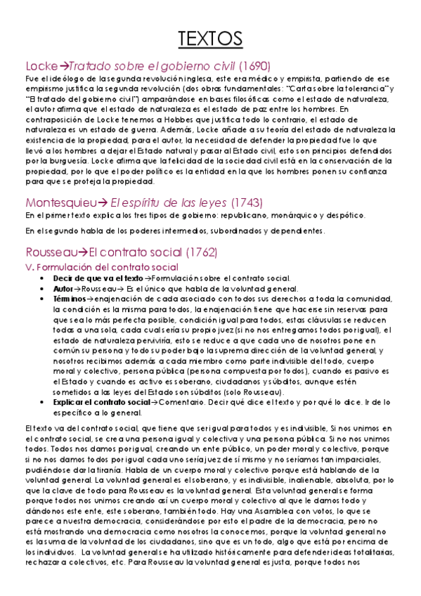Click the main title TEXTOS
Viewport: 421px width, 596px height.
pyautogui.click(x=210, y=37)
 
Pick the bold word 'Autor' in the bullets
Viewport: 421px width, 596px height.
pyautogui.click(x=63, y=288)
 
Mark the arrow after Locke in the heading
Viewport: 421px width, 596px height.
pyautogui.click(x=63, y=66)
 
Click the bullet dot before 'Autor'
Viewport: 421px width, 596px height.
pyautogui.click(x=46, y=289)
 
